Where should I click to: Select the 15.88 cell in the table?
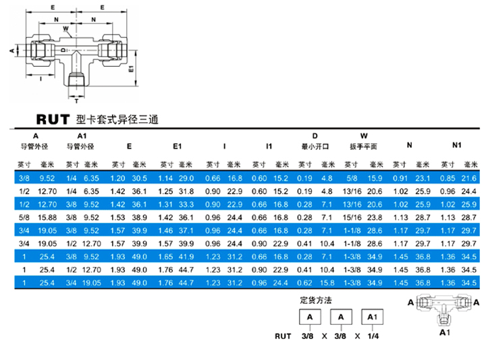coord(47,217)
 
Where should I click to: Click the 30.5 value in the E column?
coord(139,178)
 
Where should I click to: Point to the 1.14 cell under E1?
coord(165,178)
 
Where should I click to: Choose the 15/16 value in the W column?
coord(354,217)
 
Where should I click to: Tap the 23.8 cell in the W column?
coord(375,217)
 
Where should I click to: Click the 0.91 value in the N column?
coord(401,178)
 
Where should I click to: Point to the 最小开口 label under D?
coord(315,147)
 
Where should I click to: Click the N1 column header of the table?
coord(457,145)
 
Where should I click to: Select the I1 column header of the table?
coord(269,145)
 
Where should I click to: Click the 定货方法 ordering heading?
coord(318,299)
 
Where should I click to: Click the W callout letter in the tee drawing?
coord(65,28)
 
